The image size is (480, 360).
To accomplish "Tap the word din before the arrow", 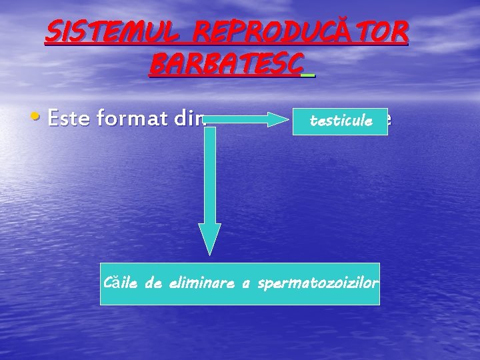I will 190,119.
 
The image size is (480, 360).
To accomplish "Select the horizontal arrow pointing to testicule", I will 247,119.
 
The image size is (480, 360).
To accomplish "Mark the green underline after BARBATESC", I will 307,75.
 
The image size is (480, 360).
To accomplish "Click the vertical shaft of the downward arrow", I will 210,173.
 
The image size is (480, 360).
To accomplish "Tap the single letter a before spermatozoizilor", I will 245,285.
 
